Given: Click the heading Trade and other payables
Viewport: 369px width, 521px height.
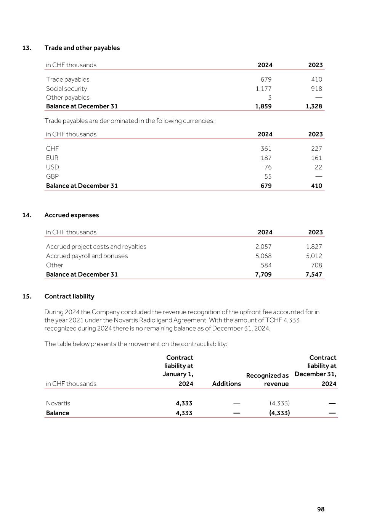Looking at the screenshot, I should coord(82,48).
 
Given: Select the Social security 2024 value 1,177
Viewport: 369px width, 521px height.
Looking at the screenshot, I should coord(263,89).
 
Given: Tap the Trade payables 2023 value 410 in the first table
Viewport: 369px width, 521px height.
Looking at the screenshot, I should coord(316,79).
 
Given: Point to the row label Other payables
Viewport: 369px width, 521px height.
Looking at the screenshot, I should coord(68,97).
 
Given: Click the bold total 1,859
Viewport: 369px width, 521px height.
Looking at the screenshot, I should coord(263,106).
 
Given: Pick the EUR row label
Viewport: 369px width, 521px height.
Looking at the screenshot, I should coord(52,158).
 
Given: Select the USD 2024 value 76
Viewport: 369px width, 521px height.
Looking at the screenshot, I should coord(268,167).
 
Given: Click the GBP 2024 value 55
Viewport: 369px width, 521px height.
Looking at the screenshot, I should coord(268,176).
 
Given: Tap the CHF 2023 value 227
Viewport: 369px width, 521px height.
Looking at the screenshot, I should coord(316,148).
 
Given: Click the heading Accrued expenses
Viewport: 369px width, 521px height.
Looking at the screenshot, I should coord(72,215).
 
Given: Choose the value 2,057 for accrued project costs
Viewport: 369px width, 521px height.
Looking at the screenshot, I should coord(263,247).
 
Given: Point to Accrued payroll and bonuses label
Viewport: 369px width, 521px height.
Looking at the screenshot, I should coord(87,256).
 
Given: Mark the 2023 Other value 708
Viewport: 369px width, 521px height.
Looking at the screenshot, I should coord(316,265).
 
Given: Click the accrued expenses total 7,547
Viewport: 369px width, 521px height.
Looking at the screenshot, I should coord(314,274).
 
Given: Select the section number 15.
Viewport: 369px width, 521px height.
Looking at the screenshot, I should coord(27,296).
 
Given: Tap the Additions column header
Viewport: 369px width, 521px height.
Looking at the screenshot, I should coord(226,384).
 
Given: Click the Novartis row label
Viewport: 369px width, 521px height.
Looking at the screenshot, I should coord(58,403).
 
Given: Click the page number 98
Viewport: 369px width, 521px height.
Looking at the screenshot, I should coord(321,509).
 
